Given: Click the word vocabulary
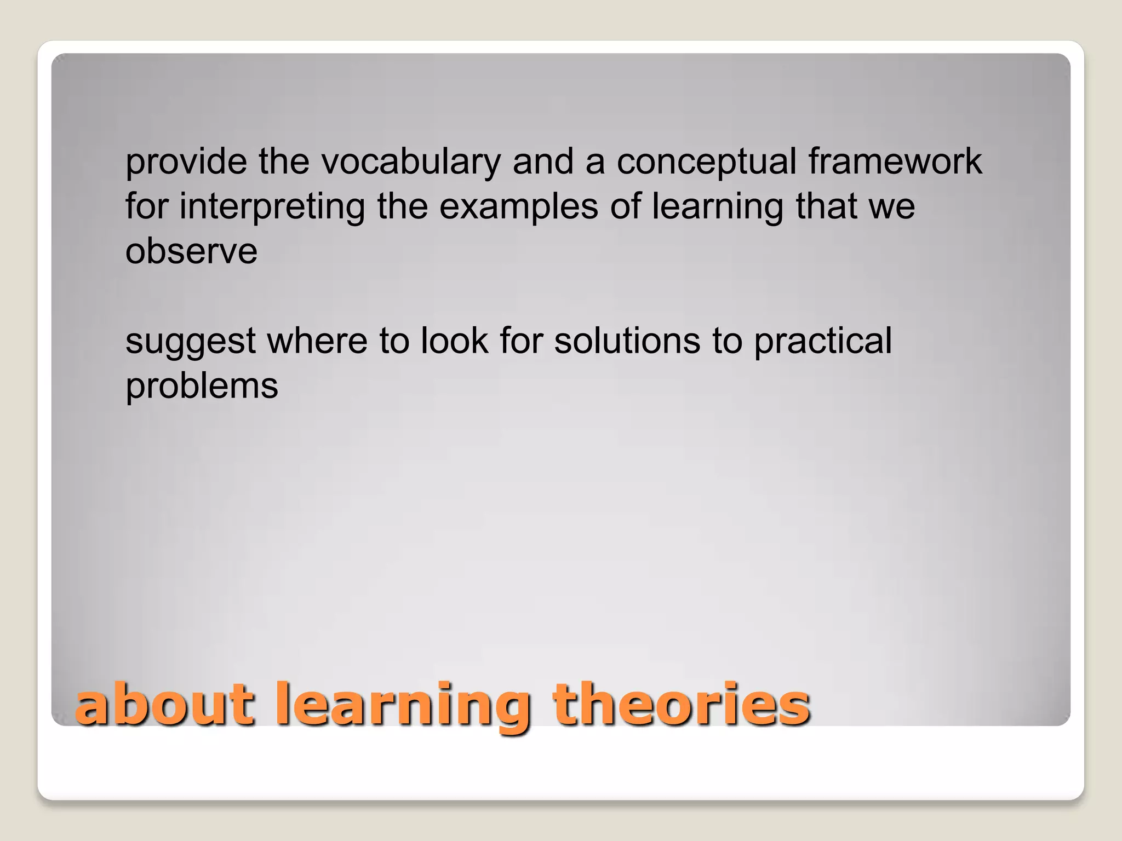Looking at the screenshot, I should coord(410,162).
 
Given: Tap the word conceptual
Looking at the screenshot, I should coord(707,162).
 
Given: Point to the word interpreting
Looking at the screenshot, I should coord(272,207).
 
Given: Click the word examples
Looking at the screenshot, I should coord(519,207).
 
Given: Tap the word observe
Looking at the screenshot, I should coord(191,251).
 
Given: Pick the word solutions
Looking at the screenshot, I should coord(627,341).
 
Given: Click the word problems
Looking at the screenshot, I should coord(202,386).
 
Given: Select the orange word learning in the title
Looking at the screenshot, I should coord(403,706).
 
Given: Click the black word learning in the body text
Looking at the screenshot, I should coord(718,207).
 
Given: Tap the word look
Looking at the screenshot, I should coord(454,341).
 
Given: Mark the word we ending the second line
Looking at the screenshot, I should coord(891,207).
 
